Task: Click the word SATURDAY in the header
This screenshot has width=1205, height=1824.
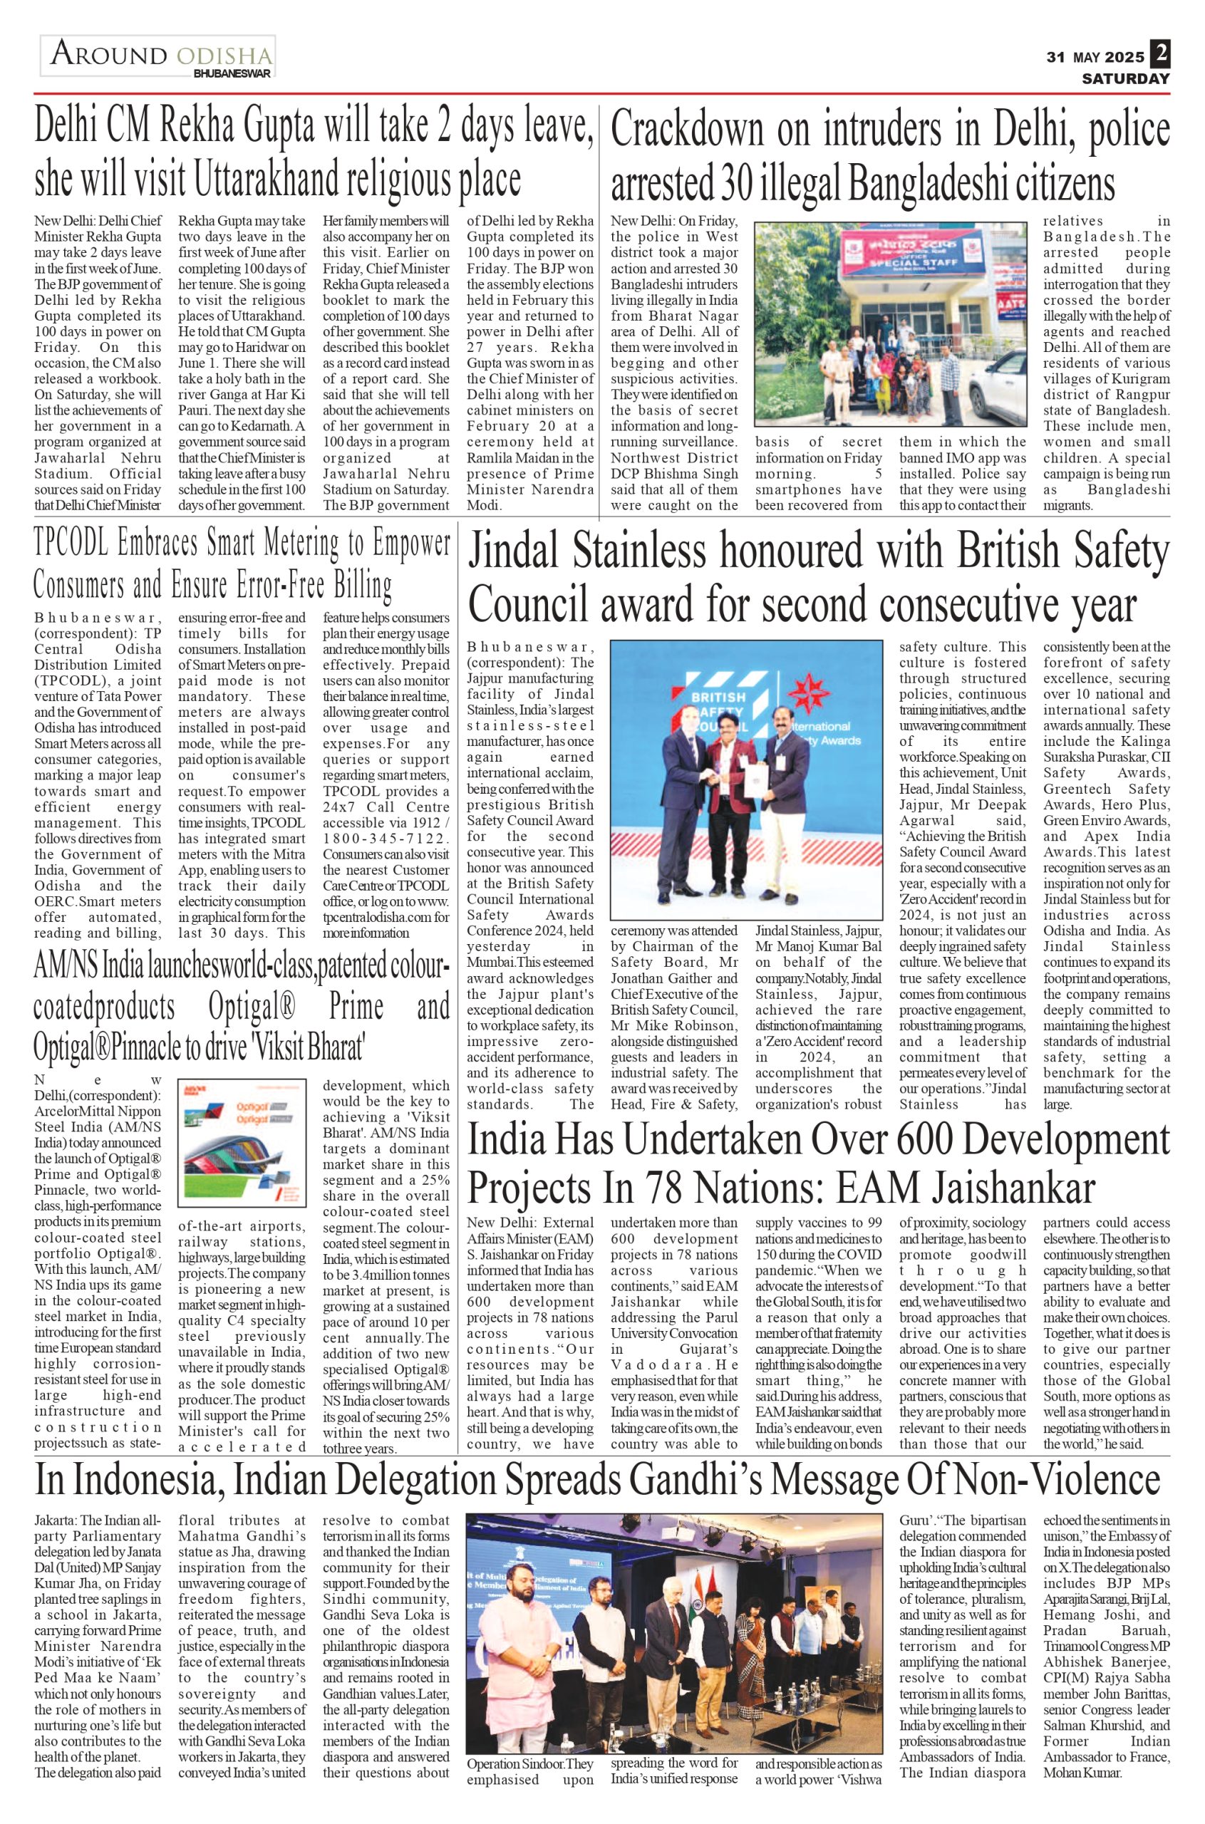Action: coord(1126,78)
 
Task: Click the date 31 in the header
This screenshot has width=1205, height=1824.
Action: coord(1057,58)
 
